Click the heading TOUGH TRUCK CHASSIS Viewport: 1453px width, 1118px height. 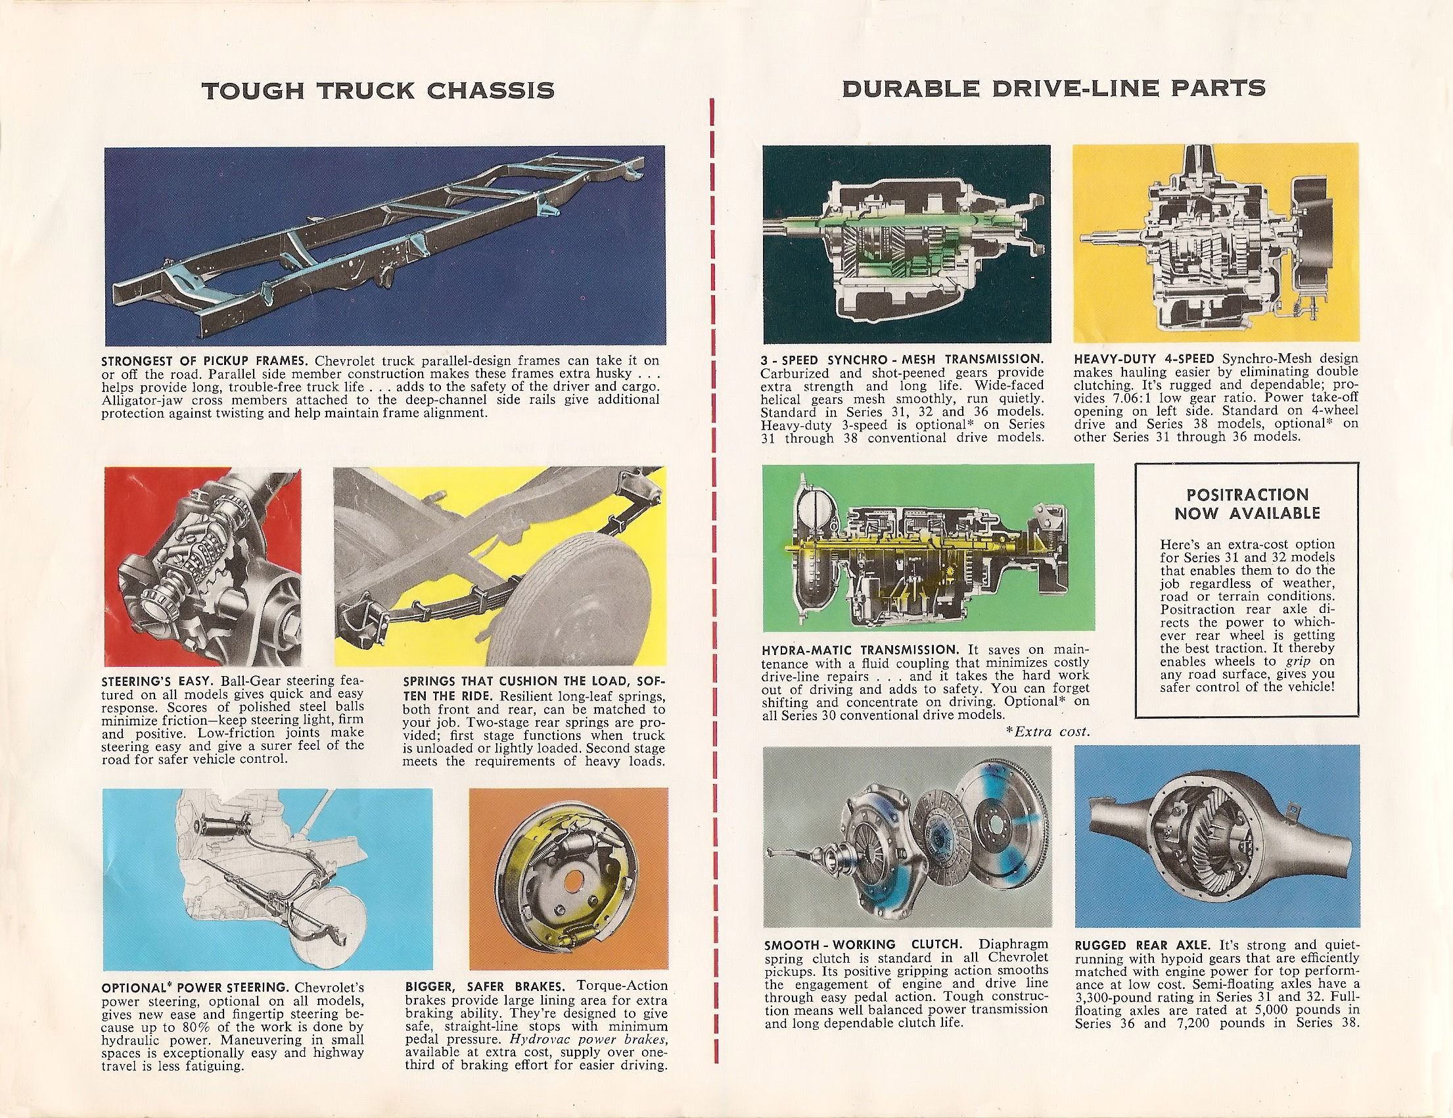click(x=378, y=90)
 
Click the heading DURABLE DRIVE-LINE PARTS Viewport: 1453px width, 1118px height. click(x=1054, y=89)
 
